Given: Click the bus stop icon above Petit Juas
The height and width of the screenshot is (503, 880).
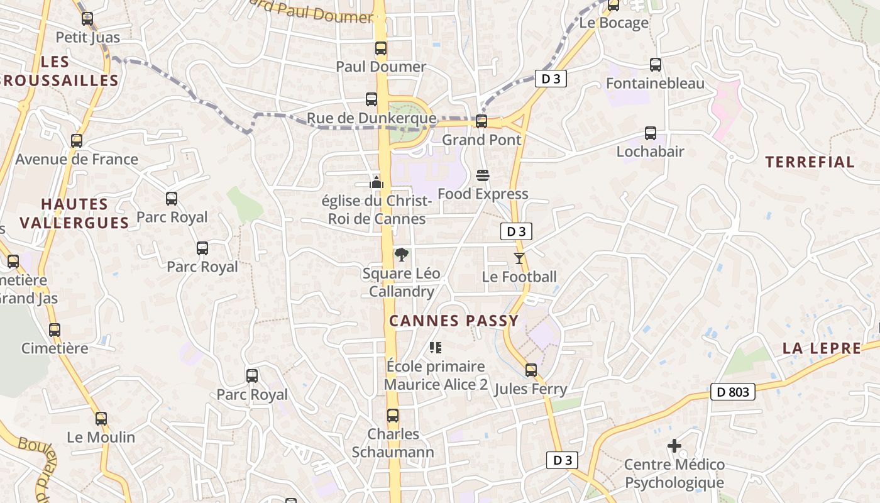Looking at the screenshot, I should point(87,19).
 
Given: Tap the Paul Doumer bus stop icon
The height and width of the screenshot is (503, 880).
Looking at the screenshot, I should point(380,48).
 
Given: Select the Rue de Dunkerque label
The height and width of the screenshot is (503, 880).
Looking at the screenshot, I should point(371,118).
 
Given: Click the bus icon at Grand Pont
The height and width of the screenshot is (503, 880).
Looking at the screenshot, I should point(481,121).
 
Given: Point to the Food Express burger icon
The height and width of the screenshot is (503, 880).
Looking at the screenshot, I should point(483,175).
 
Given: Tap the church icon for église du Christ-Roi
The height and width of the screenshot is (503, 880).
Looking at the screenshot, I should point(377,182).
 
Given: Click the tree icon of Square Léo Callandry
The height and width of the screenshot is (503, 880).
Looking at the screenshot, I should point(401,255).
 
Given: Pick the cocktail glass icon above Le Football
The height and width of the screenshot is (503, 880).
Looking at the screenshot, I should point(519,258).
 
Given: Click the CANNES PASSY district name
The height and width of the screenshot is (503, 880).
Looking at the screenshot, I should point(454,321).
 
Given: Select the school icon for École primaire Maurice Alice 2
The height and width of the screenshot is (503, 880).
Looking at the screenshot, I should point(436,347).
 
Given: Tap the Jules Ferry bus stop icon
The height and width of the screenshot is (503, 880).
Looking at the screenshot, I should point(531,370).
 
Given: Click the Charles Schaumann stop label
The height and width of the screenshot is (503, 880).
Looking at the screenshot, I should point(393,443).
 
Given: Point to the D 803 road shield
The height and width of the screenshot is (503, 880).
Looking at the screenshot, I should point(732,392).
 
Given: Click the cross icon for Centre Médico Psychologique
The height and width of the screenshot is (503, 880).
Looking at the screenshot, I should point(674,446).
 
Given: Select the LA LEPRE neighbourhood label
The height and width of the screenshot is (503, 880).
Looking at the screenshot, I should point(822,348).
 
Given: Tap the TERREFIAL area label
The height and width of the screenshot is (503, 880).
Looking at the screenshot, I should point(810,162).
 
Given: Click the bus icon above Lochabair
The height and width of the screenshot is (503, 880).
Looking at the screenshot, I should point(651,133).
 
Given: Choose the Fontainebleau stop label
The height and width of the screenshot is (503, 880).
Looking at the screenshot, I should point(655,84).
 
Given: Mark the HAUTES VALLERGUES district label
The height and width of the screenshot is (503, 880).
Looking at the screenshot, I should point(74,213).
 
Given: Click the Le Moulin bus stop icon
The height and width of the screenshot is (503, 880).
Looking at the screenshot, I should point(101,418).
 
